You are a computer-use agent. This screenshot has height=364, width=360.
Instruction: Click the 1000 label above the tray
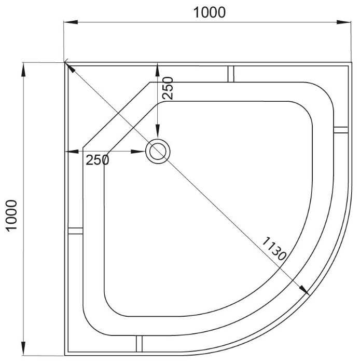click(210, 12)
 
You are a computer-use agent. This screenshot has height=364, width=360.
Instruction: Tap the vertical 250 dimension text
click(168, 89)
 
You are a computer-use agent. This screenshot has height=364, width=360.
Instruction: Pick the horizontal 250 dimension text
click(97, 160)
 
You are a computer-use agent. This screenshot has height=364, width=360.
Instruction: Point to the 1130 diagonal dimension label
click(273, 248)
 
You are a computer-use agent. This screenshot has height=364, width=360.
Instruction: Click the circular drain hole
click(157, 151)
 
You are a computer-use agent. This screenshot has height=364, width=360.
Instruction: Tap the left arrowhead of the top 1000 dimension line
click(70, 22)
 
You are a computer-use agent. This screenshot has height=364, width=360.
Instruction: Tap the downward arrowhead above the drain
click(157, 134)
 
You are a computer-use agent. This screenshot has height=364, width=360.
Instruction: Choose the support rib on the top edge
click(230, 73)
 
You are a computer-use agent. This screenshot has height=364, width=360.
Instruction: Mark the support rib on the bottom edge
click(139, 344)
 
